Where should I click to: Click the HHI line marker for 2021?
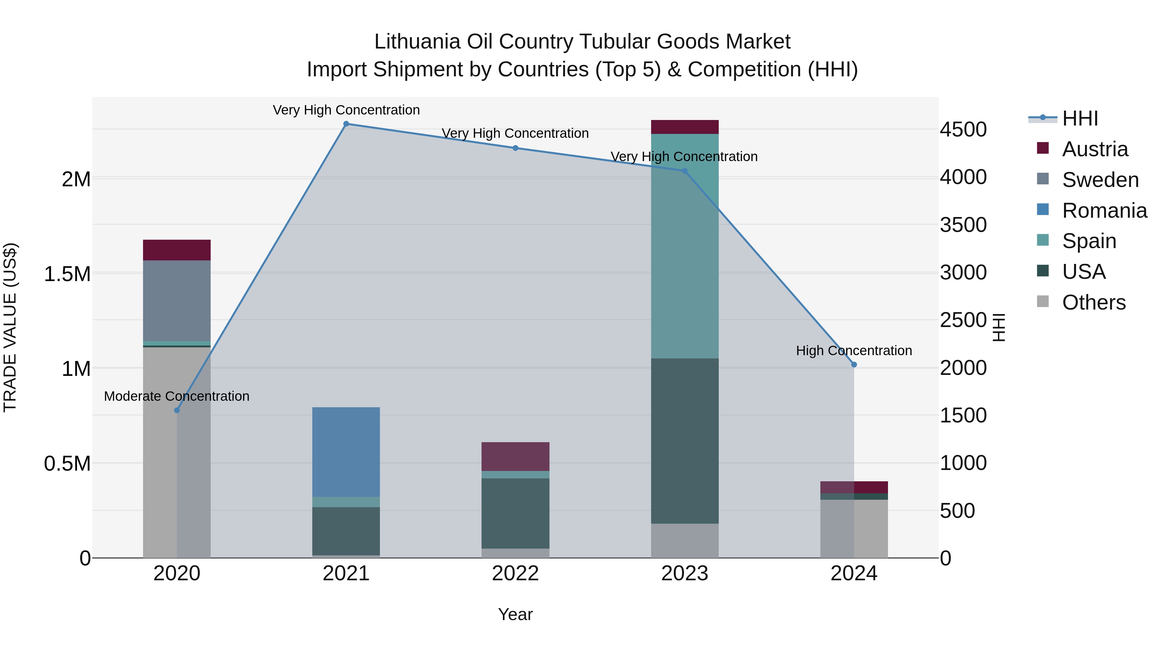[x=346, y=124]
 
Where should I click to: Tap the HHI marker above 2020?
[x=177, y=410]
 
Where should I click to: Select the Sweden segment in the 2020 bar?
[x=177, y=300]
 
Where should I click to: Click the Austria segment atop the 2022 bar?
[x=515, y=456]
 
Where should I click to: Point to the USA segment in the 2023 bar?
[x=685, y=441]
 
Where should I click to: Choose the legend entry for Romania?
[x=1104, y=211]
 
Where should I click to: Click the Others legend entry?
[x=1093, y=302]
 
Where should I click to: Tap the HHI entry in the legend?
[x=1080, y=118]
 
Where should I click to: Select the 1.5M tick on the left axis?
[x=67, y=274]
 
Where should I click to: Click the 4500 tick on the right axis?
[x=963, y=129]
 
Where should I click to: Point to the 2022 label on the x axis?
[x=515, y=573]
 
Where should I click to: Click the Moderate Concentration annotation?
[x=177, y=396]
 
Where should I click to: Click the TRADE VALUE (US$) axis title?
[x=10, y=327]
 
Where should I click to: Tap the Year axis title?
[x=515, y=614]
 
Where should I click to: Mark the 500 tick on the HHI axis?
[x=958, y=511]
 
